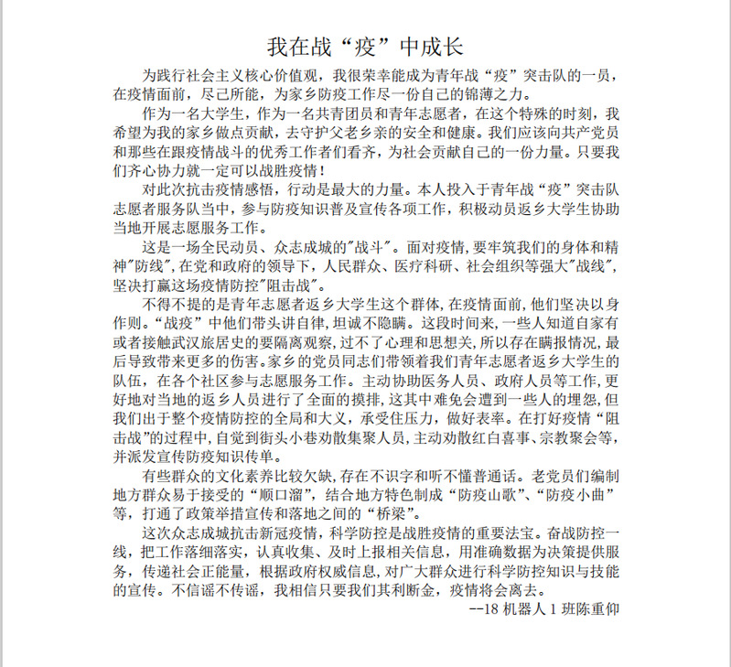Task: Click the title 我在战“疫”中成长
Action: pyautogui.click(x=371, y=46)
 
